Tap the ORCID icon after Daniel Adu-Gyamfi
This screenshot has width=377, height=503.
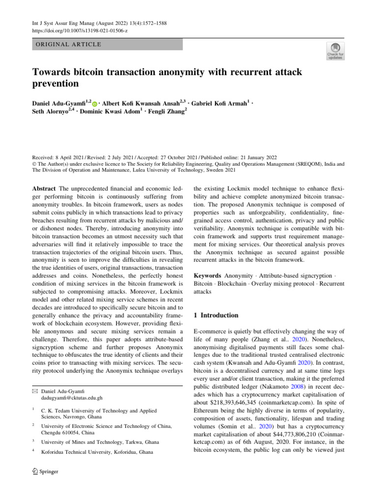tap(95, 104)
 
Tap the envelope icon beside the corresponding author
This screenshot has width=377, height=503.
tap(36, 390)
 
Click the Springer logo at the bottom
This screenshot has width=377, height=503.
tap(45, 472)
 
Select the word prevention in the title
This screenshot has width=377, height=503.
tap(55, 84)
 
